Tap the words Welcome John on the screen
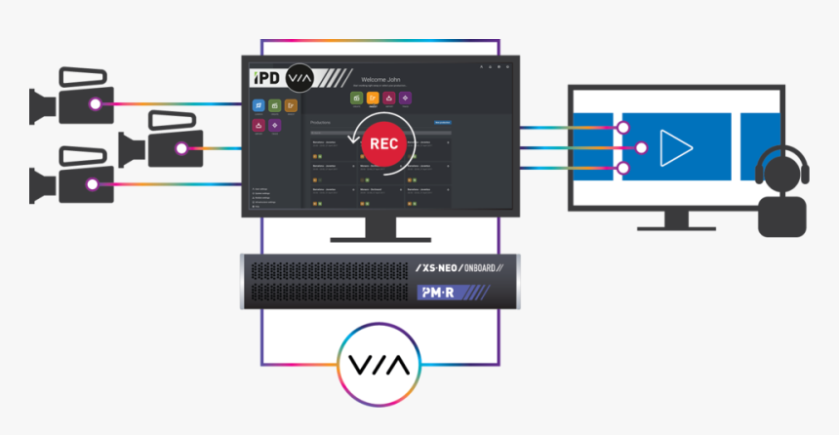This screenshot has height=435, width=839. [x=381, y=79]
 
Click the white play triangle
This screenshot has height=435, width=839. [x=674, y=147]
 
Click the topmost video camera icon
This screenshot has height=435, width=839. [x=70, y=97]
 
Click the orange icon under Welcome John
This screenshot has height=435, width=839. [x=373, y=98]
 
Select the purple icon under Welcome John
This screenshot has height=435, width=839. [x=405, y=98]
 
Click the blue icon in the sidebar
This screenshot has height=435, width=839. [x=259, y=105]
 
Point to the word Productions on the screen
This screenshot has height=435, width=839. [x=321, y=123]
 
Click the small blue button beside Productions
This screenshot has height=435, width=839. [x=442, y=122]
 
